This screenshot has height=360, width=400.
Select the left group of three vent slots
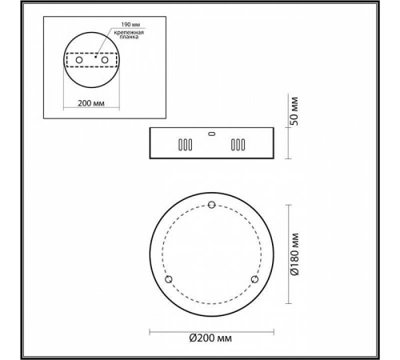(x=184, y=147)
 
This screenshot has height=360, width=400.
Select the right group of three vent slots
(x=238, y=147)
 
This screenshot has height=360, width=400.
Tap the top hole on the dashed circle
(x=211, y=206)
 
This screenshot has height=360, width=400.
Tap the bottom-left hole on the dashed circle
(x=169, y=279)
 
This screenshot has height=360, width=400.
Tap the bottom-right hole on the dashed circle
(x=254, y=279)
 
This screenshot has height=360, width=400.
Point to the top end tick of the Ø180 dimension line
(x=284, y=206)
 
